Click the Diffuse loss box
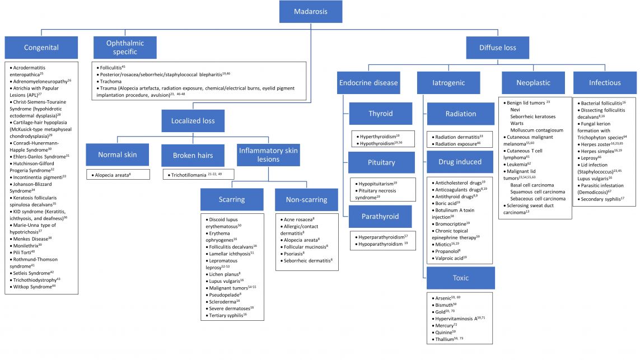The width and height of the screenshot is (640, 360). click(x=498, y=48)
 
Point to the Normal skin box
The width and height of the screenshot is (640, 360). click(x=118, y=155)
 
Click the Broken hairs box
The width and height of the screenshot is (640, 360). click(x=193, y=155)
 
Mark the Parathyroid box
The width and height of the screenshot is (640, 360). click(x=381, y=217)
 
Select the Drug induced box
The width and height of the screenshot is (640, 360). click(x=460, y=162)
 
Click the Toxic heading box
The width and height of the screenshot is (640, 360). click(x=460, y=277)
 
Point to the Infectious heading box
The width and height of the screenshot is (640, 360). click(x=605, y=83)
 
